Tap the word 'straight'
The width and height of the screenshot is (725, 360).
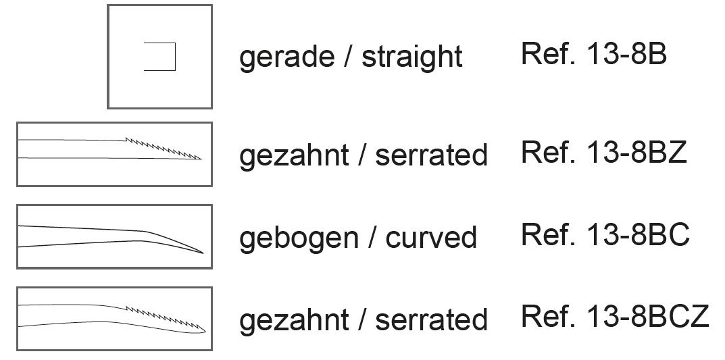[412, 57]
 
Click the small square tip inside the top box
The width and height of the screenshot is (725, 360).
[160, 57]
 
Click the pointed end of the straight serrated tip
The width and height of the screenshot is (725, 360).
[201, 159]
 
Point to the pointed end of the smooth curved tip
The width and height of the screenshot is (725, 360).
[202, 252]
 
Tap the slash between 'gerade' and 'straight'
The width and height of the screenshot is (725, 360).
[349, 57]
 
